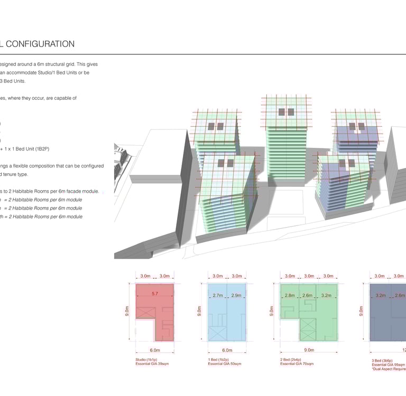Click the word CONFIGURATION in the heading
(x=41, y=44)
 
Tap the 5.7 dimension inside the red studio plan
(x=155, y=293)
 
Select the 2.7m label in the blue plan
(x=217, y=296)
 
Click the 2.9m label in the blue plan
(x=236, y=296)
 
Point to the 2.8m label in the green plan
(x=290, y=296)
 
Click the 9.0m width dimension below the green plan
(x=309, y=350)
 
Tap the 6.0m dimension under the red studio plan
(x=155, y=350)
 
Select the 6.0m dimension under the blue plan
(x=227, y=350)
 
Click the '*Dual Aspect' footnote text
(x=389, y=369)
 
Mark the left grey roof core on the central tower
(x=282, y=112)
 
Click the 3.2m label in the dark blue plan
(x=381, y=296)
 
